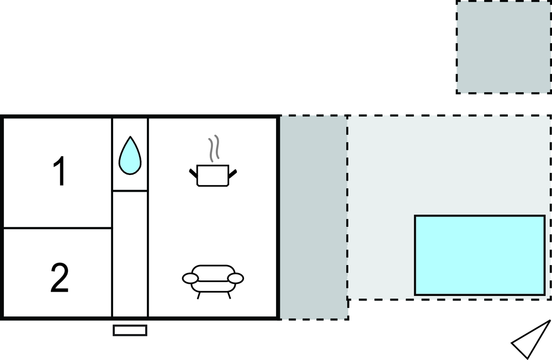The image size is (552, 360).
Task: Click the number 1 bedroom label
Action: point(59,172)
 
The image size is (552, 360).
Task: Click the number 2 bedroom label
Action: point(59,278)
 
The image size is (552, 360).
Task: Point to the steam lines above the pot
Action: point(214,148)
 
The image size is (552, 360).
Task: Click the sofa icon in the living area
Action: point(213,279)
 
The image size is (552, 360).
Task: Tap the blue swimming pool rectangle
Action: point(479,255)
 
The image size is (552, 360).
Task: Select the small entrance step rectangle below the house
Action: point(130,330)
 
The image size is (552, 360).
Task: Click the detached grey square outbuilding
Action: point(503,46)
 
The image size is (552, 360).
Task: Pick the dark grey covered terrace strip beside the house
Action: point(314,216)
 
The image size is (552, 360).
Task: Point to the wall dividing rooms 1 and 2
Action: point(58,227)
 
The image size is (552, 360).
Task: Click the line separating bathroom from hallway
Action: point(130,191)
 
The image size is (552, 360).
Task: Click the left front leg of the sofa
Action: point(198,294)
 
